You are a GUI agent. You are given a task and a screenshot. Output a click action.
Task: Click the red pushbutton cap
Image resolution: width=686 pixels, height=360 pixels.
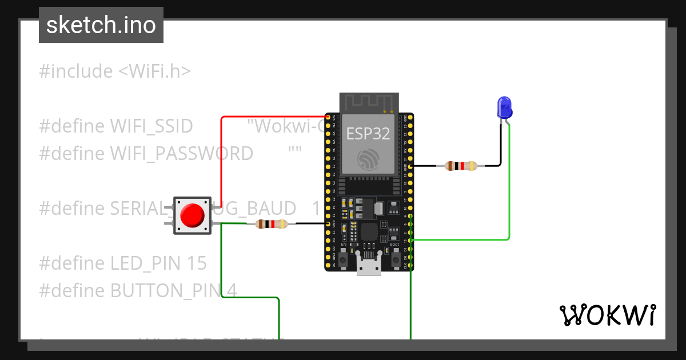[x=192, y=215]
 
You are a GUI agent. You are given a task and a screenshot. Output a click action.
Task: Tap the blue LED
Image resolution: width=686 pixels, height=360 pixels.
[x=504, y=107]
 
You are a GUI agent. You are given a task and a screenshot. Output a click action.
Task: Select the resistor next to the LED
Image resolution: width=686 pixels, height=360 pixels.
[x=460, y=166]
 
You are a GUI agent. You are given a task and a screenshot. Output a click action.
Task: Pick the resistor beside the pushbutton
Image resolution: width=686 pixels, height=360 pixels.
[x=271, y=224]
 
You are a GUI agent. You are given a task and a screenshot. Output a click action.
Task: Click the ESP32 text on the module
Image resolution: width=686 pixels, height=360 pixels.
[x=368, y=134]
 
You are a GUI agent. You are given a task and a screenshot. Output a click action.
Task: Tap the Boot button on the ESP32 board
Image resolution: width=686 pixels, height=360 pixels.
[x=395, y=260]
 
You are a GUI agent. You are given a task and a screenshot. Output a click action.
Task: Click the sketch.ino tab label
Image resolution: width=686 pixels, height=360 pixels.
[x=101, y=25]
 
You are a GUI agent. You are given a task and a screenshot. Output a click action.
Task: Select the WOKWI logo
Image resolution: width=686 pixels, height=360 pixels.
[x=607, y=315]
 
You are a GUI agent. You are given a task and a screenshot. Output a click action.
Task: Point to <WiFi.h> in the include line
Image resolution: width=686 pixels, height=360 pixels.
[x=154, y=71]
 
